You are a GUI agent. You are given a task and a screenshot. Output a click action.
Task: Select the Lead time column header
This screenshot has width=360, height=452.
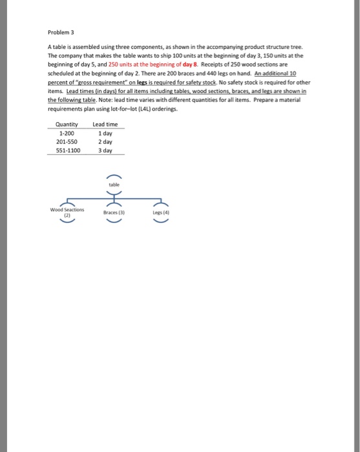coord(104,125)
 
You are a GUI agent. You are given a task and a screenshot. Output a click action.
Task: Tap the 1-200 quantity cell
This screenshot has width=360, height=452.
coord(66,133)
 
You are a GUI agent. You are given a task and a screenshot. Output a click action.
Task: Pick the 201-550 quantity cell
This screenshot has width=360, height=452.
coord(66,141)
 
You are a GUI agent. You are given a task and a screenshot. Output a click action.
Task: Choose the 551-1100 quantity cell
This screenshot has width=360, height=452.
coord(66,150)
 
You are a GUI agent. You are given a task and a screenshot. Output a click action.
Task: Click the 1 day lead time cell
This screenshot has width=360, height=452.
coord(103,133)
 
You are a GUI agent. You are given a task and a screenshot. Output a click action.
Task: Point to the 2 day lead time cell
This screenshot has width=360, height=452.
coord(103,141)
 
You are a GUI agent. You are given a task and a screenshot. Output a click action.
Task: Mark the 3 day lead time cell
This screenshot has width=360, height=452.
coord(103,150)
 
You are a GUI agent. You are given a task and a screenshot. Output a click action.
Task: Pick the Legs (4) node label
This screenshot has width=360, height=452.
coord(161,211)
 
